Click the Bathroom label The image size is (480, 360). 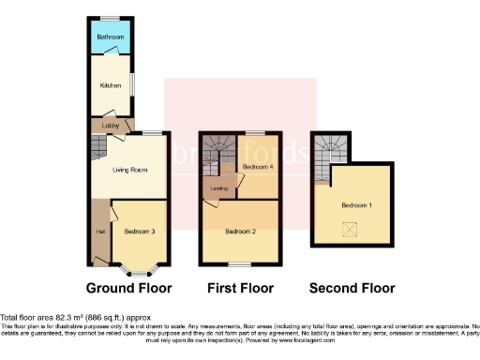coord(111,37)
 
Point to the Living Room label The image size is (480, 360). coord(128,170)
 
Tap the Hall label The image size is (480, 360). coord(98,231)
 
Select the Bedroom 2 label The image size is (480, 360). coord(241,230)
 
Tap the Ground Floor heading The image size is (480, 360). coord(128,288)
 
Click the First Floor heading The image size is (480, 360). coord(241,288)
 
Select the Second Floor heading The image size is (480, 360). coord(353,288)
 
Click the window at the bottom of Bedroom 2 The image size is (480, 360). coord(241,264)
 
